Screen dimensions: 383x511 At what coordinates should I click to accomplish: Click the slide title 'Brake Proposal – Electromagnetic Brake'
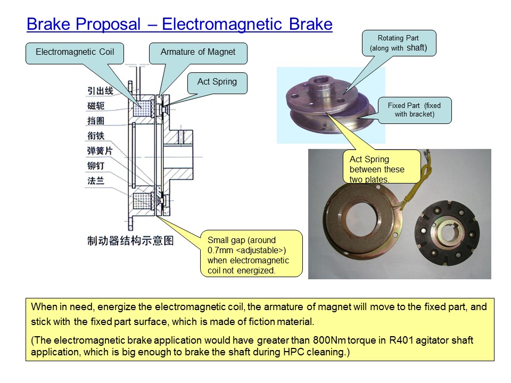[179, 24]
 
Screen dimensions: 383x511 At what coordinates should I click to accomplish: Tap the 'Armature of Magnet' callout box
[198, 53]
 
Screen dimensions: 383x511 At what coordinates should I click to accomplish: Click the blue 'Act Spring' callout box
[217, 82]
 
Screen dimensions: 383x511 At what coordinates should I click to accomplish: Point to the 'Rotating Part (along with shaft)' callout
[399, 43]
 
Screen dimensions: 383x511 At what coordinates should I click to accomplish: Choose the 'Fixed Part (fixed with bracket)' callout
[415, 110]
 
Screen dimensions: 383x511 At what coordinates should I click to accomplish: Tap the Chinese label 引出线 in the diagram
[101, 91]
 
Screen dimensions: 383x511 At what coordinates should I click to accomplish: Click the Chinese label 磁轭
[96, 106]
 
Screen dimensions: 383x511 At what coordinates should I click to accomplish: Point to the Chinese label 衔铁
[96, 136]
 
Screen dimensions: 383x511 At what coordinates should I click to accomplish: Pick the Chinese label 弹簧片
[101, 151]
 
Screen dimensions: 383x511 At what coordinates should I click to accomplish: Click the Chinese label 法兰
[96, 181]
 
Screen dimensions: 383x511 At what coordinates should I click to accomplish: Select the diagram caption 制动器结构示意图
[130, 240]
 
